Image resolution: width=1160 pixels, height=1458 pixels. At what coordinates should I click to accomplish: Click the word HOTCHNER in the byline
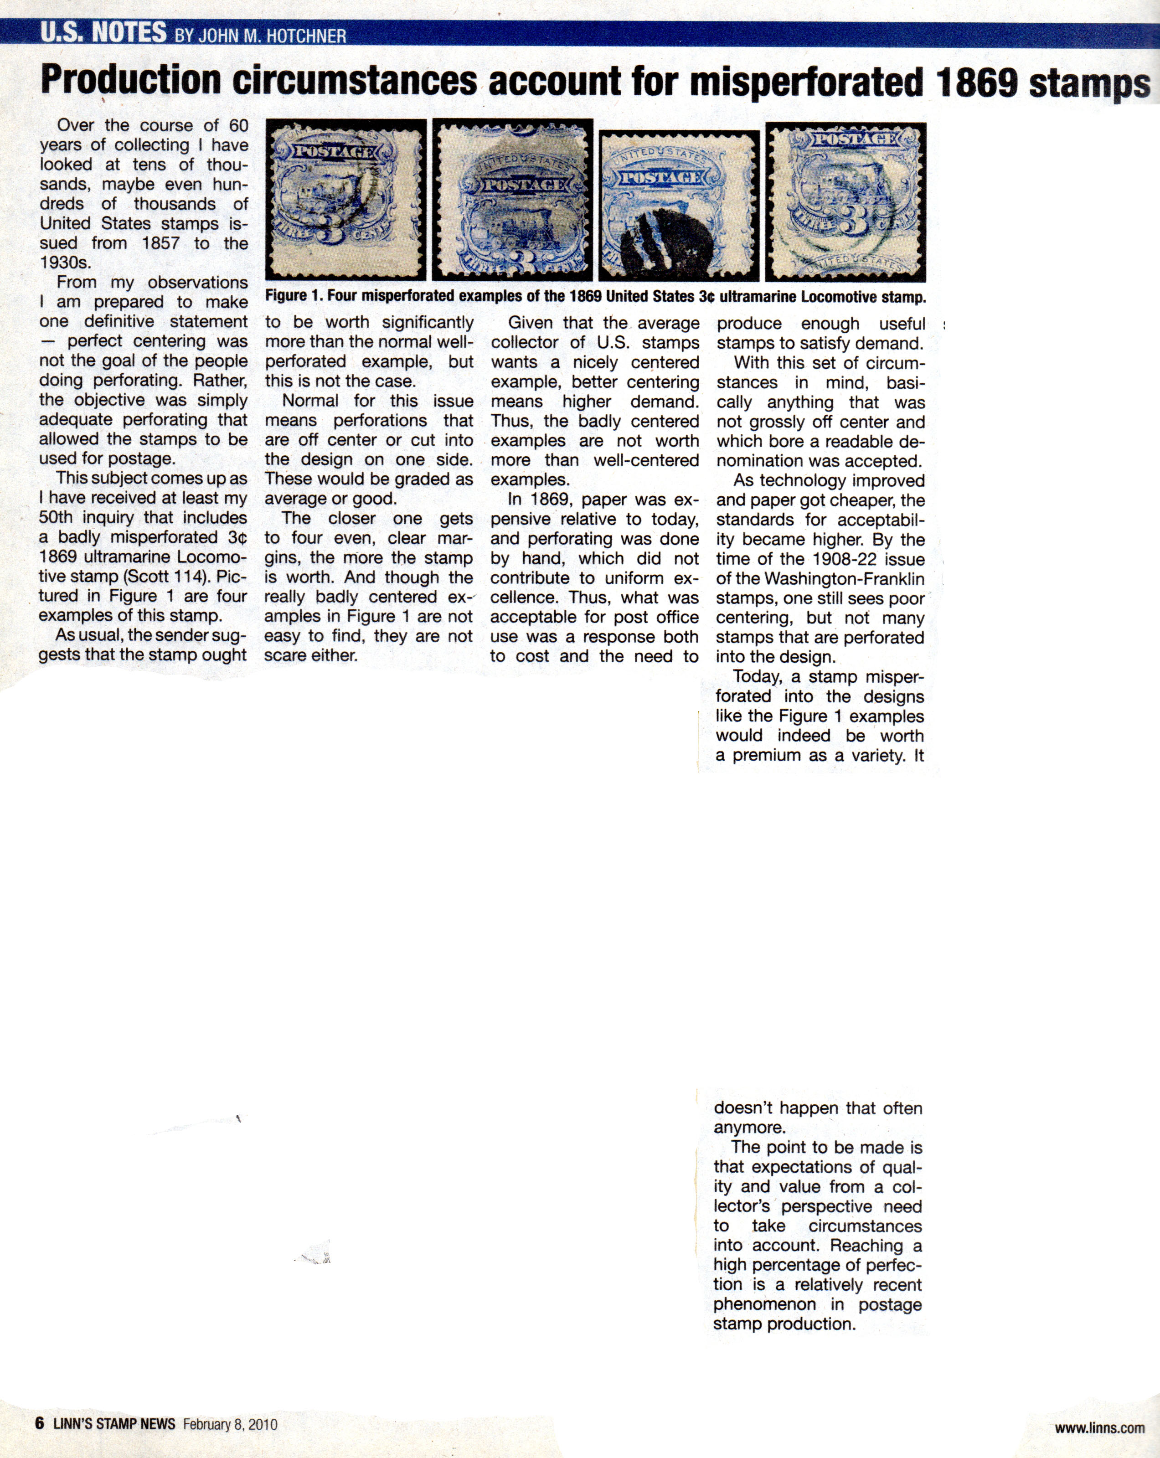coord(306,36)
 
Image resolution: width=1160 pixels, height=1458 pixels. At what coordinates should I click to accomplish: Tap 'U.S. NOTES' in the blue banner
coord(103,32)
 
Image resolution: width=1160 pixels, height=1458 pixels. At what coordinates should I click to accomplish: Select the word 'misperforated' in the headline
coord(807,82)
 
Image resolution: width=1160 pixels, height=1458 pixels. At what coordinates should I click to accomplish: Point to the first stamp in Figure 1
coord(345,200)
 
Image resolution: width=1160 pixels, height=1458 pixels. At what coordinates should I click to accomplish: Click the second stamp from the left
coord(512,200)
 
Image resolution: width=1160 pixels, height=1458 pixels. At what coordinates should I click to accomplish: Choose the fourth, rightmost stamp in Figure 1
coord(846,201)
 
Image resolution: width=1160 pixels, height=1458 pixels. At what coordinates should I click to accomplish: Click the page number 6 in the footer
coord(40,1423)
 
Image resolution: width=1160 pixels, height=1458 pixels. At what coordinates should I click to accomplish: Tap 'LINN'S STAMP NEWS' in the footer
coord(114,1423)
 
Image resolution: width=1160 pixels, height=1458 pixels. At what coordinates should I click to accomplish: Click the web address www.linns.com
coord(1099,1427)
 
